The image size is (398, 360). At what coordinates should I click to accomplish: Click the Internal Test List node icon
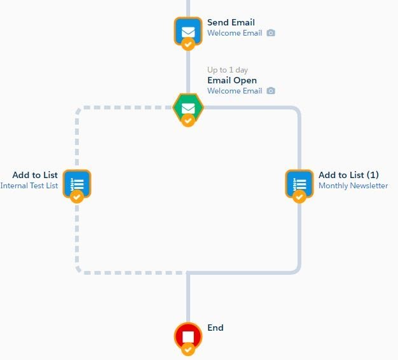click(x=77, y=183)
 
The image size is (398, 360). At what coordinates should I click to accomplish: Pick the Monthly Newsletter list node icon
click(x=299, y=183)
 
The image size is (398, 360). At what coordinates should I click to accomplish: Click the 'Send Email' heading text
click(x=231, y=22)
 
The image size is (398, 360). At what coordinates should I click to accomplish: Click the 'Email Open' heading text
click(x=232, y=80)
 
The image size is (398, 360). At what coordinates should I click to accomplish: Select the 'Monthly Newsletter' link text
click(x=353, y=186)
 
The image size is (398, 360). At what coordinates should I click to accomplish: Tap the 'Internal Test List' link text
click(x=29, y=186)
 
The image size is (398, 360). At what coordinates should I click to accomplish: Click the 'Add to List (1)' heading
click(x=348, y=175)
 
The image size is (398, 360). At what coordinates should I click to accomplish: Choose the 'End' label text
click(x=216, y=328)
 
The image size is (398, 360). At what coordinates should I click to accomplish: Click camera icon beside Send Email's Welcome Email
click(x=271, y=33)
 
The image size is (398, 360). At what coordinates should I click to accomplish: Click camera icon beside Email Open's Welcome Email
click(x=271, y=91)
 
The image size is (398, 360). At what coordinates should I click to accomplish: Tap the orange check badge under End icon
click(x=188, y=349)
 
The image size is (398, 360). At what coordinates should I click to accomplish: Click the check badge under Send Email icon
click(x=188, y=44)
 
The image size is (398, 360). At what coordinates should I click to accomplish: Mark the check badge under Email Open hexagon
click(x=188, y=120)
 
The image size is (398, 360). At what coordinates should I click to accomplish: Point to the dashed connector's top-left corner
click(x=78, y=109)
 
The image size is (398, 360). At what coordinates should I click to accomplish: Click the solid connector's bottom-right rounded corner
click(x=297, y=270)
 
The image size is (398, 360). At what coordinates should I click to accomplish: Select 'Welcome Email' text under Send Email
click(x=235, y=33)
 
